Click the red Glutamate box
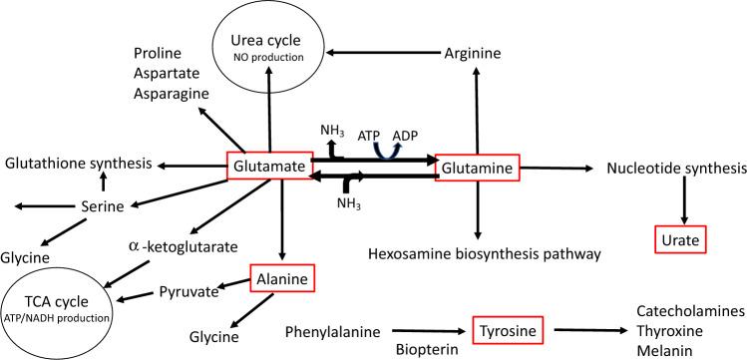268,169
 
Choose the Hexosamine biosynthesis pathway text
485,254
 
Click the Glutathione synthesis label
77,164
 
